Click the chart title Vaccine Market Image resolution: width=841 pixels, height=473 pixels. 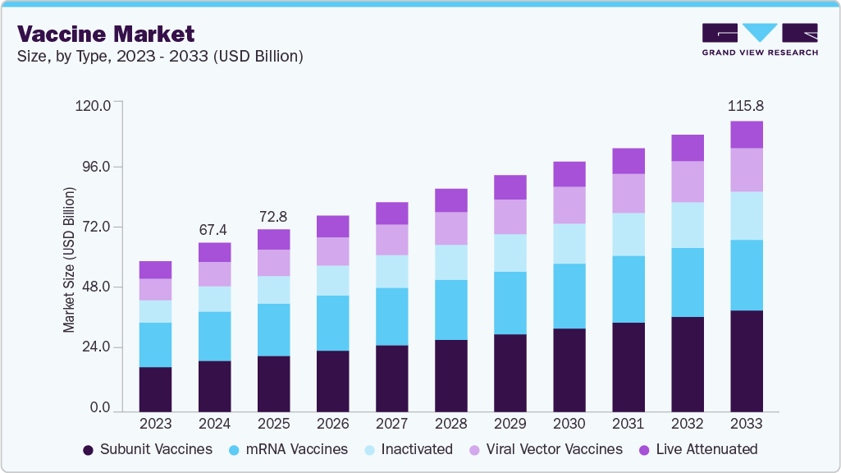106,34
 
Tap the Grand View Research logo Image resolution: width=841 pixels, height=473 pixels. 759,39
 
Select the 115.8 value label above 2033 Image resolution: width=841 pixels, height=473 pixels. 746,107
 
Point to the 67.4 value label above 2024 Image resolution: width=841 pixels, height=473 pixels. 214,229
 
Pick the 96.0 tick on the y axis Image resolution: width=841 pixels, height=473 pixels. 94,166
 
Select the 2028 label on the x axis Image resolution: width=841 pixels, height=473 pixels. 450,424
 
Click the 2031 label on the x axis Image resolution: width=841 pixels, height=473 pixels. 628,424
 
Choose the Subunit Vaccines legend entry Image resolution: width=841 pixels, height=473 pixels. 148,449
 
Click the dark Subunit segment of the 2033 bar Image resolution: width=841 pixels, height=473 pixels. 746,360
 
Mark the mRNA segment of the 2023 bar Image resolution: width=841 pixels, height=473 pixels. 155,345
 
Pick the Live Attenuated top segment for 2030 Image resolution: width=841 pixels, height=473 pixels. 569,174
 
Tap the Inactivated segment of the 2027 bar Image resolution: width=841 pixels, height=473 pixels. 391,271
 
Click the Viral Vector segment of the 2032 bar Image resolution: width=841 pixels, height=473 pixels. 687,181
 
